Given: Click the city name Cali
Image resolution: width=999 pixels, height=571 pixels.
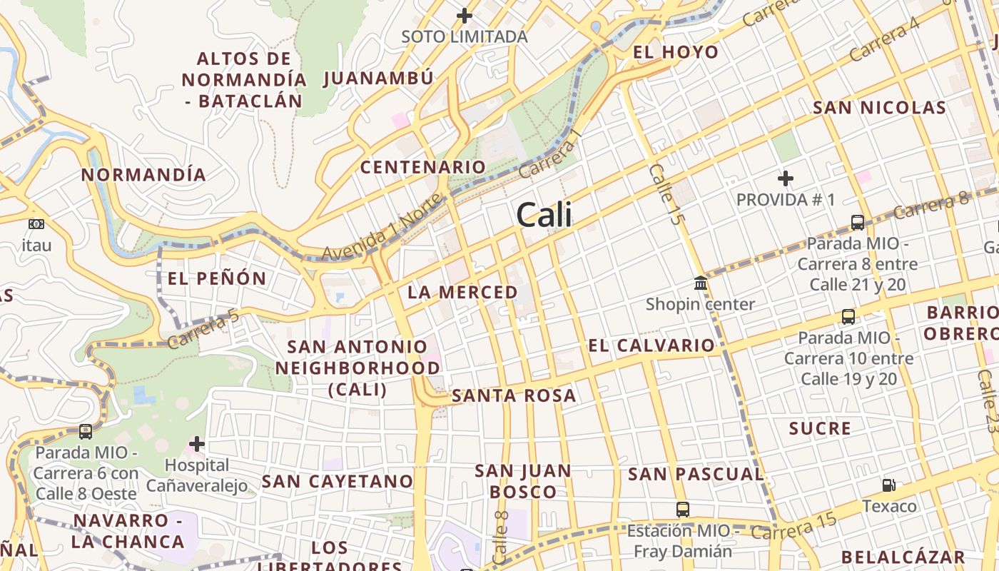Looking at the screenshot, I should [x=544, y=214].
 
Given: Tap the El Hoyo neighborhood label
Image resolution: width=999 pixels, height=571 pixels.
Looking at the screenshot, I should [x=676, y=52].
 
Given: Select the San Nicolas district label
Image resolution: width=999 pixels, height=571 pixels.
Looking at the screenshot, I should [x=879, y=108].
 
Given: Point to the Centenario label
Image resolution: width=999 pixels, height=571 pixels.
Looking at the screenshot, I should [x=422, y=167].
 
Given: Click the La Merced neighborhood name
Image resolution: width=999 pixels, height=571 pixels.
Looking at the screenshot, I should [x=462, y=292].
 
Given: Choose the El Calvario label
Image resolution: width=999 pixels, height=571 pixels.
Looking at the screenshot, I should [x=651, y=345].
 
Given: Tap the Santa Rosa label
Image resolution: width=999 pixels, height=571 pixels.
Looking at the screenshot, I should [x=514, y=395].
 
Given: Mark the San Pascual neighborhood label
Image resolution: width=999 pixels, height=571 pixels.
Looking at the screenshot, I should [x=696, y=474].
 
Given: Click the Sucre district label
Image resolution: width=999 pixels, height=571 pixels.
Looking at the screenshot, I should [x=820, y=428].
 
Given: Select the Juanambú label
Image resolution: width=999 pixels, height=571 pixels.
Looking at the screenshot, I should [x=378, y=78].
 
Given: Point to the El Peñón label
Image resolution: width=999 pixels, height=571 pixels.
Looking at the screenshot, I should [x=216, y=278].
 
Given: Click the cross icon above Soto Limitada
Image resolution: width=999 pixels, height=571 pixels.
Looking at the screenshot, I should [x=465, y=15].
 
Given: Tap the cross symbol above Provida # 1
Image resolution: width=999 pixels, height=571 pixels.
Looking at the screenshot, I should [x=786, y=178].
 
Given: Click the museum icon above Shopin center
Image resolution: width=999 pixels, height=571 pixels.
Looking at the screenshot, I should [x=701, y=283].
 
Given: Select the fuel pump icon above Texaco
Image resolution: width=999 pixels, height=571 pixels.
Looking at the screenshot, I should [x=888, y=485].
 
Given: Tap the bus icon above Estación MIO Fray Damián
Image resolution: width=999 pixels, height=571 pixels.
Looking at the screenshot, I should [x=683, y=510].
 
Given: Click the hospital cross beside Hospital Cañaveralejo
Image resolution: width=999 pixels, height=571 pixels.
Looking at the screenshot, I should [x=197, y=445].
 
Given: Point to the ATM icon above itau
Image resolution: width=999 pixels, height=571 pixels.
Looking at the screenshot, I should [x=36, y=224].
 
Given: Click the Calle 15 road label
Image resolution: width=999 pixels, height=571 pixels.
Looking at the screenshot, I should [x=665, y=194].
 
